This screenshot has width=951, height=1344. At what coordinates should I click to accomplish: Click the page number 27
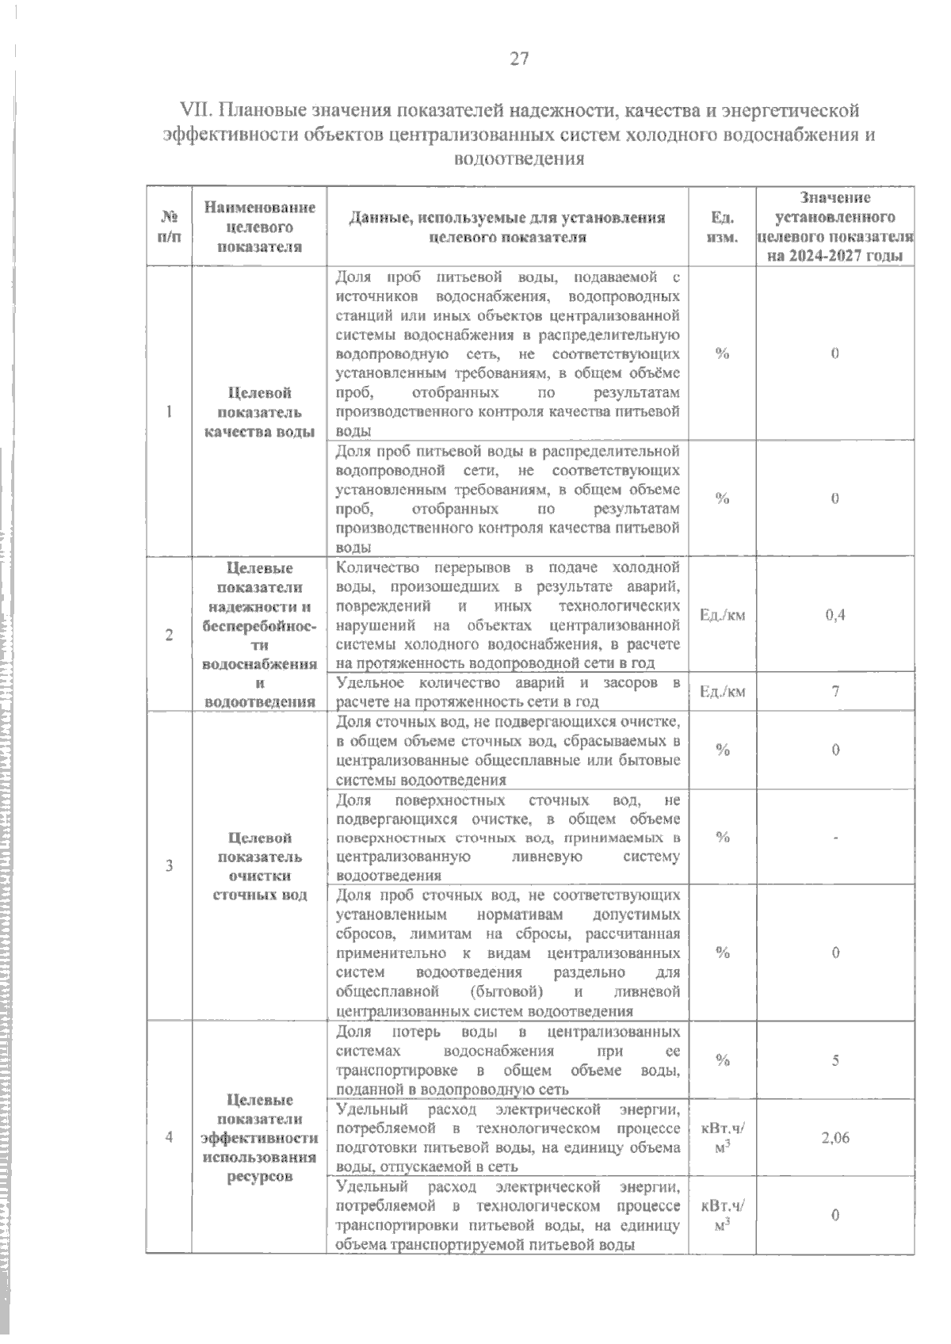click(x=519, y=59)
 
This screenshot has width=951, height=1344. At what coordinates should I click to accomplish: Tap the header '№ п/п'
click(x=169, y=227)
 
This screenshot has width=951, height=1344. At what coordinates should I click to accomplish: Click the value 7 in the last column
click(x=835, y=691)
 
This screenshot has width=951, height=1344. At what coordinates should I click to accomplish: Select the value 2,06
click(x=835, y=1138)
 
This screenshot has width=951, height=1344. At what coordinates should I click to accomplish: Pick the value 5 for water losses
click(x=835, y=1060)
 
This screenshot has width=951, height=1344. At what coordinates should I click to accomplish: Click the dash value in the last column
click(x=835, y=838)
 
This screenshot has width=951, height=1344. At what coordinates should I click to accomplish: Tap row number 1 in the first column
click(x=169, y=411)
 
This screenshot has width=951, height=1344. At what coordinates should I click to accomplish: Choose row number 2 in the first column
click(x=169, y=634)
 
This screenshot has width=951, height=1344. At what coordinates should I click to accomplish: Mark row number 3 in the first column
click(x=169, y=865)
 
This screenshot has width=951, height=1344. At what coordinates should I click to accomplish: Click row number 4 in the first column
click(x=169, y=1137)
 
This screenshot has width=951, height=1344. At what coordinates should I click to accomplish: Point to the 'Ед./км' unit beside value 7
click(x=722, y=692)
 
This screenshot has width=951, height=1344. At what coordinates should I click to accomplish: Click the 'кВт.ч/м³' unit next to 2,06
click(x=722, y=1138)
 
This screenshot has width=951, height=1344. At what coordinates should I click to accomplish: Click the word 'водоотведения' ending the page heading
click(x=518, y=159)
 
